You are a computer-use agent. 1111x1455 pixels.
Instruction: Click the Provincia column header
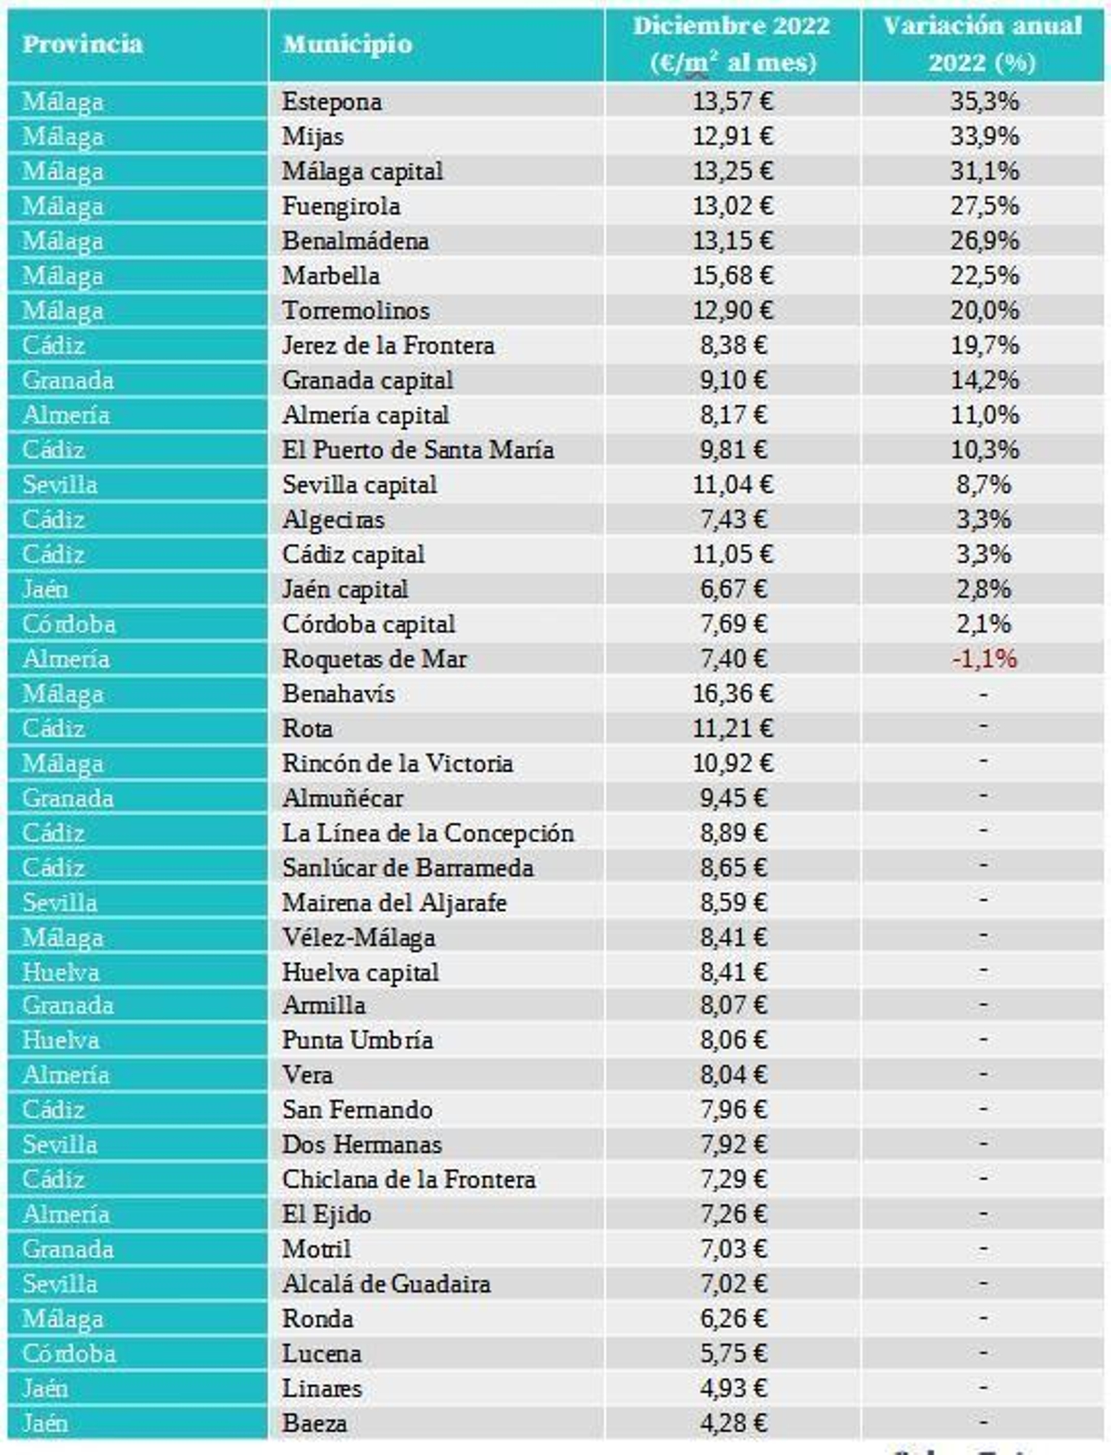click(x=82, y=44)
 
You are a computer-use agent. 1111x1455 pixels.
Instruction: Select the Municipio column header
click(x=347, y=44)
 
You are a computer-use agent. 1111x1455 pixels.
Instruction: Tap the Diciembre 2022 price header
click(x=732, y=44)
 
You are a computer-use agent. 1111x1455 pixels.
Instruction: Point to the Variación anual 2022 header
click(x=982, y=44)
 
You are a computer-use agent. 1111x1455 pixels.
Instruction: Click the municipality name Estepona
click(x=332, y=102)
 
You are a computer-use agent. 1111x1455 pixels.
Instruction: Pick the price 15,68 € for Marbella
click(x=732, y=276)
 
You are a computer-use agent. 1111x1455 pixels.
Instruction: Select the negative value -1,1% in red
click(x=984, y=658)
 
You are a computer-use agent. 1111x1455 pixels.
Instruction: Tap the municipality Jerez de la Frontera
click(x=388, y=345)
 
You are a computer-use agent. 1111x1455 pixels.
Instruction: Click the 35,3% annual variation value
click(x=984, y=102)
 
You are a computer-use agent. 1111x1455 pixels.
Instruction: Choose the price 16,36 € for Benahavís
click(x=732, y=693)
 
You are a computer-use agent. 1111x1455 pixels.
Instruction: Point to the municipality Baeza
click(x=315, y=1423)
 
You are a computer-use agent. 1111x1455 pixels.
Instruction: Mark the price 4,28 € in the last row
click(x=733, y=1423)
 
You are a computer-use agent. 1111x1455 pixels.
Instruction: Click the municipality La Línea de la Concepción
click(x=428, y=833)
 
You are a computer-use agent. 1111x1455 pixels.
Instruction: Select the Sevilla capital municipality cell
click(x=360, y=485)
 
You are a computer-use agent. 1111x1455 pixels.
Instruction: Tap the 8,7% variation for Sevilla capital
click(x=983, y=485)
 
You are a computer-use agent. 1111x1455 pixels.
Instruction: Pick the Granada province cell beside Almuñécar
click(x=67, y=798)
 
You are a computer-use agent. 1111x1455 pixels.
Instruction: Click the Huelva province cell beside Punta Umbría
click(x=60, y=1040)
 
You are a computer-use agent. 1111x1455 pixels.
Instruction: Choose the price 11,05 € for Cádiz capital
click(x=732, y=554)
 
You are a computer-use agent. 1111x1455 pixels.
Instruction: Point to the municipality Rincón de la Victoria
click(x=397, y=764)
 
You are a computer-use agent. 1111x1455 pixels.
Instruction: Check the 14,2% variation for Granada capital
click(x=984, y=380)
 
